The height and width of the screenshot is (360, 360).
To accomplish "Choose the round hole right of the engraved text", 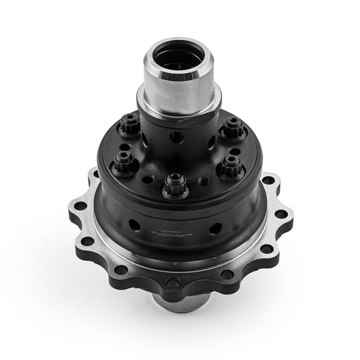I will (x=215, y=228).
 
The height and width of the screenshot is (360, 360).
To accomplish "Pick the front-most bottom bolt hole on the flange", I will (x=174, y=282).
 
